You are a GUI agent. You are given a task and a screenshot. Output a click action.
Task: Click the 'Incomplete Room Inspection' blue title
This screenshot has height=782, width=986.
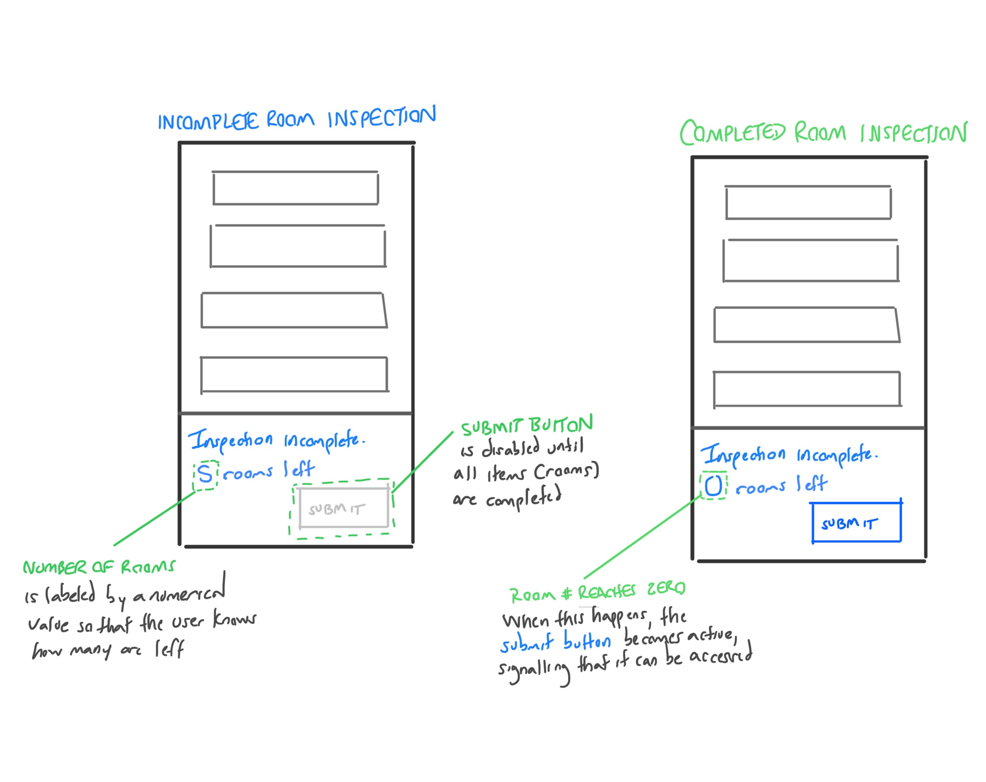296,119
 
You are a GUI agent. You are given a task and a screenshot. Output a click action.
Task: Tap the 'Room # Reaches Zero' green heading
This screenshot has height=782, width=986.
597,593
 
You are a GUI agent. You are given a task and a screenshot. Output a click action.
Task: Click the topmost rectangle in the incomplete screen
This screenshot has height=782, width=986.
295,188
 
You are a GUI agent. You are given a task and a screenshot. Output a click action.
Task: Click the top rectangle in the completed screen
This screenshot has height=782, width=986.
808,203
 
